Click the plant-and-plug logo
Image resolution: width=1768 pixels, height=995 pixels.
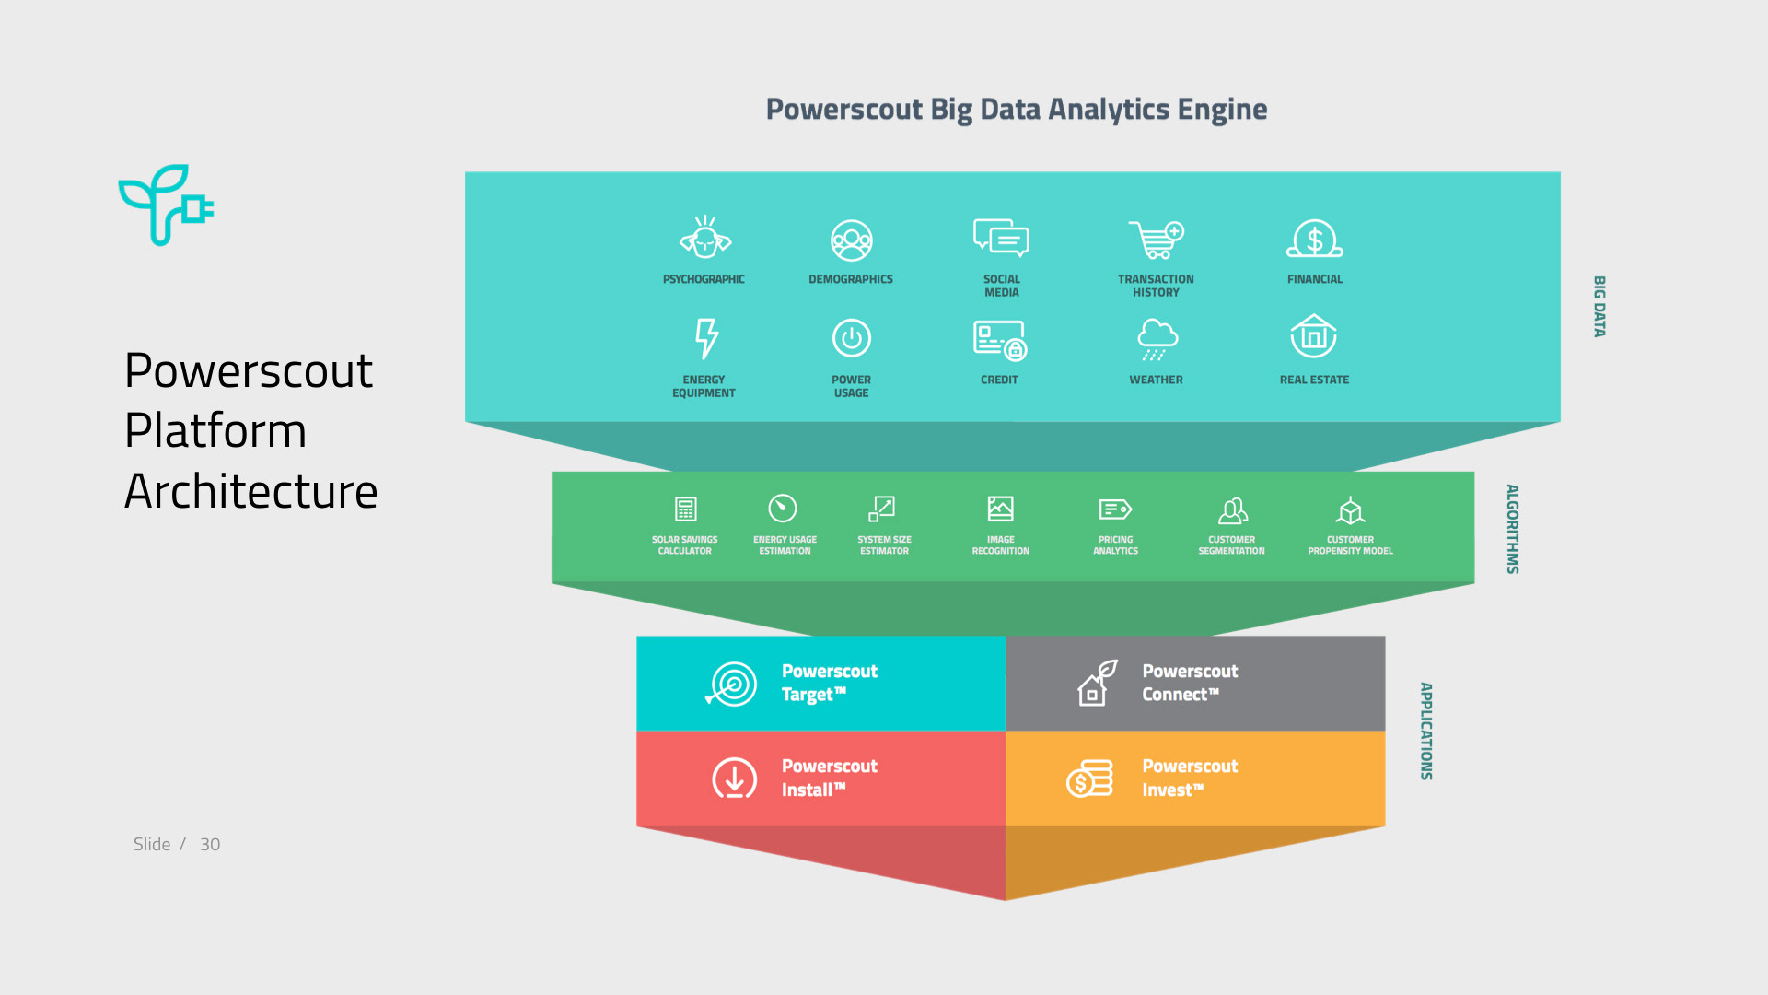[166, 205]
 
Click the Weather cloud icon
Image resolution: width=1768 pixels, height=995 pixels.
[1157, 338]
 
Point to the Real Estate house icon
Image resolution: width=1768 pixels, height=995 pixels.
[1313, 336]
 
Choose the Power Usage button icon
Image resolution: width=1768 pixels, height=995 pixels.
[852, 338]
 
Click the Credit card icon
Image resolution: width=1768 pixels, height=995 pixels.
[999, 340]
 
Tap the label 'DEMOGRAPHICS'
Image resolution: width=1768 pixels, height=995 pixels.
[851, 279]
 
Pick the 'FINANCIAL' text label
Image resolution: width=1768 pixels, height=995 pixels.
[1314, 279]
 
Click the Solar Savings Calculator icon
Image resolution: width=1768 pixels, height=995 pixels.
[685, 509]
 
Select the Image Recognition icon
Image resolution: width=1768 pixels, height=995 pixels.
[1000, 509]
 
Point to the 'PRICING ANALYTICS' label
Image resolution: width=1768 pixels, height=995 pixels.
[1115, 545]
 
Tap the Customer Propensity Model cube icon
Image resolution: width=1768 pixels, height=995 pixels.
[1350, 509]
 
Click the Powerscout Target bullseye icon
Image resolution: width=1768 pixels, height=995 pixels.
[732, 685]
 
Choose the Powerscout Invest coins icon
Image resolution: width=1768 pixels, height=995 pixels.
[1090, 778]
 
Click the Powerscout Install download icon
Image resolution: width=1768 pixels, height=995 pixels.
[734, 778]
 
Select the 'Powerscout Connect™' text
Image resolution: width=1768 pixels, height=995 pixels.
[1189, 683]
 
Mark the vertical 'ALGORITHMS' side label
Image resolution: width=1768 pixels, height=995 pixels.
[1512, 529]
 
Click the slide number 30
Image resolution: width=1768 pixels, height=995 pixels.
[210, 845]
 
